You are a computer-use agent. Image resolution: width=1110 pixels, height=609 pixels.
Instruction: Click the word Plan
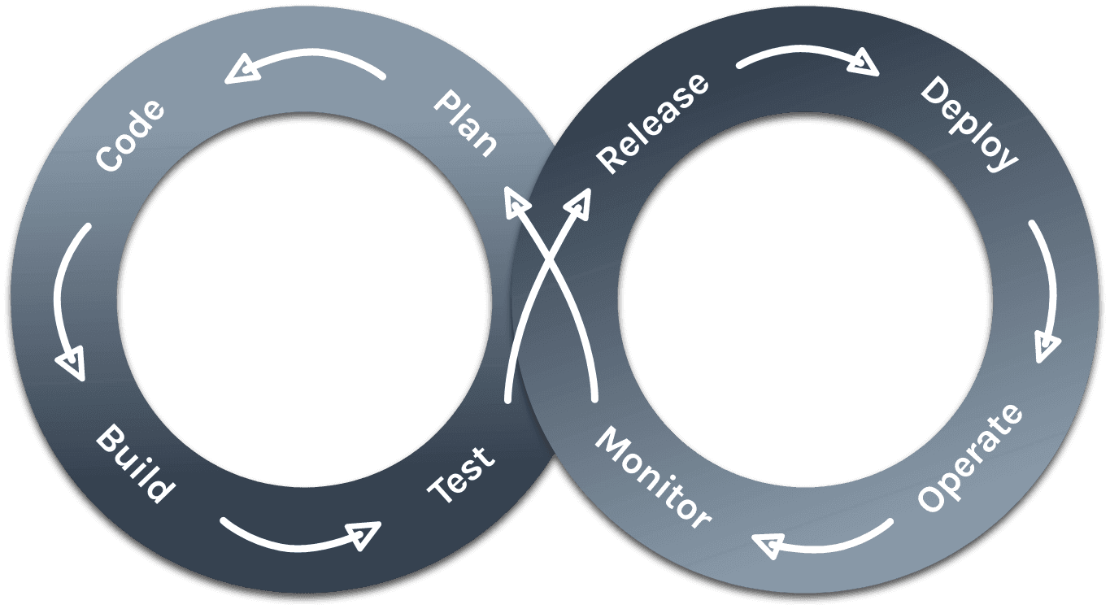[x=465, y=124]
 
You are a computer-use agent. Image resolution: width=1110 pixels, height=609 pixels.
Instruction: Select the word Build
[x=135, y=464]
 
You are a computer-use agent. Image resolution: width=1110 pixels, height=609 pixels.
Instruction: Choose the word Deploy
[x=969, y=124]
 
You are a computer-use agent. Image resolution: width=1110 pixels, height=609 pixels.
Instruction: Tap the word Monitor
[x=653, y=476]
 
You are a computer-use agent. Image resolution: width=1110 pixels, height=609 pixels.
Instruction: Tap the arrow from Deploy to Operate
[x=1047, y=293]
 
